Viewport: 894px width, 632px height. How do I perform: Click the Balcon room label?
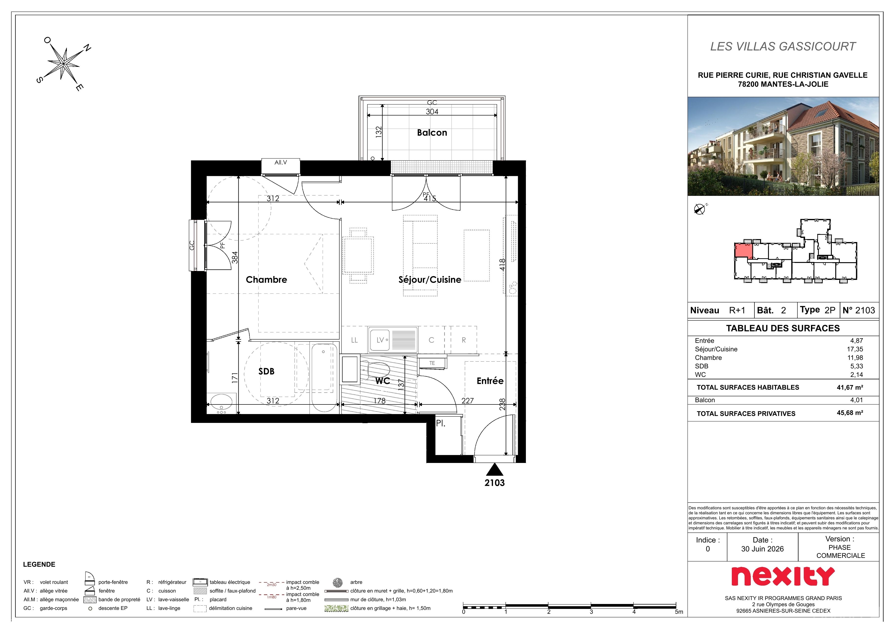tap(432, 133)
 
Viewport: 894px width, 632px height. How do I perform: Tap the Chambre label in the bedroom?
tap(266, 280)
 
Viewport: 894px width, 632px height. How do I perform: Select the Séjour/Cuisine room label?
tap(430, 280)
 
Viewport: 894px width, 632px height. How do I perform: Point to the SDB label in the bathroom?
tap(266, 372)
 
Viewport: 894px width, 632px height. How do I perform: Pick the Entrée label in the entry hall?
tap(490, 381)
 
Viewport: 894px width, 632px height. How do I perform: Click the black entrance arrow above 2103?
tap(494, 469)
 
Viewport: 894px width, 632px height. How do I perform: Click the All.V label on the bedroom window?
tap(281, 162)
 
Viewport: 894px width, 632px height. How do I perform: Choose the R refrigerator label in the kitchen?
tap(464, 340)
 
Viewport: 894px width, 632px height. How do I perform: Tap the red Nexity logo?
tap(783, 576)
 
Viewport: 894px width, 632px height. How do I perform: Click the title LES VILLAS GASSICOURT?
tap(783, 46)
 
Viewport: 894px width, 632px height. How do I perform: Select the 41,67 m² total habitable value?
tap(850, 388)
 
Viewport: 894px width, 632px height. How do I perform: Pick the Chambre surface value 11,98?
tap(855, 358)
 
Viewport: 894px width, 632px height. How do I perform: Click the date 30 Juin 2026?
tap(762, 549)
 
